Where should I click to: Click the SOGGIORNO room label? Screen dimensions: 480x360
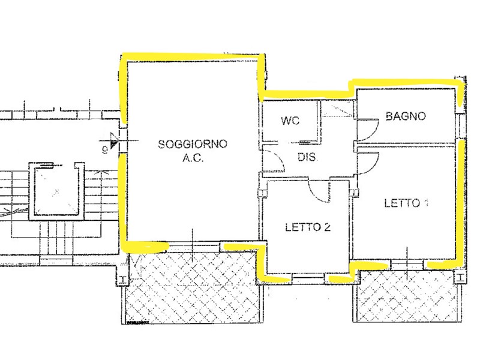193,143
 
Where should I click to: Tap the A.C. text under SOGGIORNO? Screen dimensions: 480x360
193,158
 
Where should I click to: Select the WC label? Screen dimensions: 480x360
290,121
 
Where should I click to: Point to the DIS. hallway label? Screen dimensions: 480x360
307,157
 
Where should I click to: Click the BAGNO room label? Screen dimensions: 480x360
406,116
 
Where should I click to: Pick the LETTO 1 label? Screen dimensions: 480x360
406,203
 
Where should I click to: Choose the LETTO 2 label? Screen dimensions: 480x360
308,227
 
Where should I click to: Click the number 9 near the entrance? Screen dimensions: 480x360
105,150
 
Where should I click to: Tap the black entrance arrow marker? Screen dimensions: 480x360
114,143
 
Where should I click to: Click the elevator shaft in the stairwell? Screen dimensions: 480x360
56,191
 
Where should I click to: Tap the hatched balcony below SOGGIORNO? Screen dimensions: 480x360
193,287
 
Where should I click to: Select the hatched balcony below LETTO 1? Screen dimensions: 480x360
407,296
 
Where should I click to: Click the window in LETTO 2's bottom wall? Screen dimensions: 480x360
308,278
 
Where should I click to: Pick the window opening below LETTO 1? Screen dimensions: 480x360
407,265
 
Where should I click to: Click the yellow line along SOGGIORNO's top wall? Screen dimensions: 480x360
193,56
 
